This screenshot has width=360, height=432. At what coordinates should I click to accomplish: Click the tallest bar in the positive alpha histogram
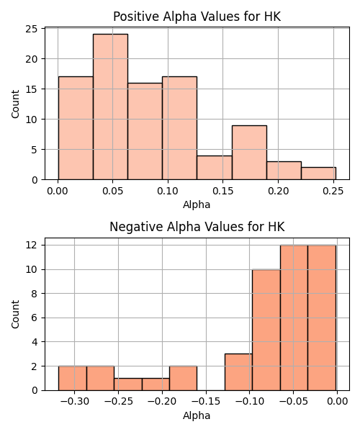click(110, 107)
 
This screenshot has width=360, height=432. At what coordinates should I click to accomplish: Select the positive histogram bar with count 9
click(249, 153)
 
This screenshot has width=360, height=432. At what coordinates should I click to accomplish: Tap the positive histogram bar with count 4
click(215, 168)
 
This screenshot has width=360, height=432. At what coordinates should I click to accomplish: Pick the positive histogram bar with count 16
click(145, 132)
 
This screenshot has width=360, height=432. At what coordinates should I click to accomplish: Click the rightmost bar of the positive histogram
click(319, 174)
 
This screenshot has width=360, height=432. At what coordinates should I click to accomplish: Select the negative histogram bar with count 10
click(266, 330)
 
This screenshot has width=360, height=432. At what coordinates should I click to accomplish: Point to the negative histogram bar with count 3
click(238, 372)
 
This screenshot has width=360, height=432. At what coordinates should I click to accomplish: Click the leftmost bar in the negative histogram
click(73, 378)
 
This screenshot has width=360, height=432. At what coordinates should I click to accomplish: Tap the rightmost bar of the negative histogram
click(322, 318)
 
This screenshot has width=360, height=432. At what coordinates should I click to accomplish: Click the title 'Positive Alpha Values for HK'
click(197, 17)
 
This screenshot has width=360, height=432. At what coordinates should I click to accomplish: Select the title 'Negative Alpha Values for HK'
click(197, 227)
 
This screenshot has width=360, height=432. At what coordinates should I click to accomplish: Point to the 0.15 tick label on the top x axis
click(222, 191)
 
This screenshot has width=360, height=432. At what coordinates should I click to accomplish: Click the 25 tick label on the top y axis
click(32, 29)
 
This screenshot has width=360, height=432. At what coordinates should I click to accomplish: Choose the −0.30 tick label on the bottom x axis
click(74, 402)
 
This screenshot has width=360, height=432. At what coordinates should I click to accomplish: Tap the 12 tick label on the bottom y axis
click(32, 245)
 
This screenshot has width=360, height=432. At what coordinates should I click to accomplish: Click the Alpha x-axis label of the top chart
click(197, 204)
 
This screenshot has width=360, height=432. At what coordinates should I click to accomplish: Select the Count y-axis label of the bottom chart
click(15, 314)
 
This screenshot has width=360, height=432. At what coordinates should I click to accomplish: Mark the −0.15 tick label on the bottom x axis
click(206, 402)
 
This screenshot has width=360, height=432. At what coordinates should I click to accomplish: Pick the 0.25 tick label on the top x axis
click(333, 191)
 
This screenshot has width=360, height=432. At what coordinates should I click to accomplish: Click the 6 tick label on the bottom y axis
click(35, 318)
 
